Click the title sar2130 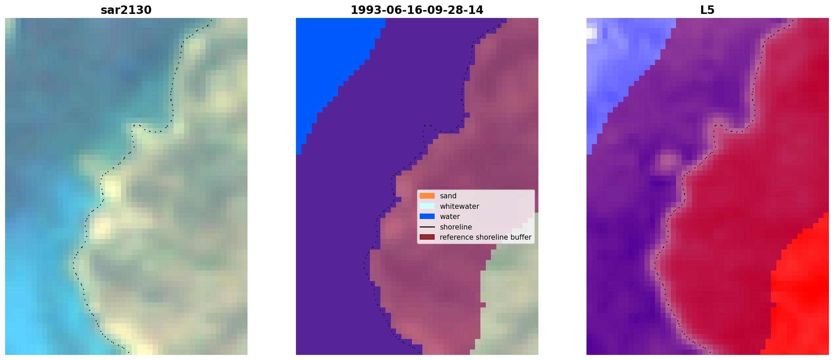pos(126,10)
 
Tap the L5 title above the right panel pos(707,10)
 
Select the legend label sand pos(448,196)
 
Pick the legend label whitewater pos(459,206)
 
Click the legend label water pos(450,217)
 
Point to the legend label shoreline pos(456,227)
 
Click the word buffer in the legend pos(521,237)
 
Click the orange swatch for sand pos(427,196)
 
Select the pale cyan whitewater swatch pos(427,206)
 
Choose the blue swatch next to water pos(427,217)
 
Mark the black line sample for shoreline pos(427,227)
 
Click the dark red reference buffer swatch pos(427,237)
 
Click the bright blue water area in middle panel pos(329,68)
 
